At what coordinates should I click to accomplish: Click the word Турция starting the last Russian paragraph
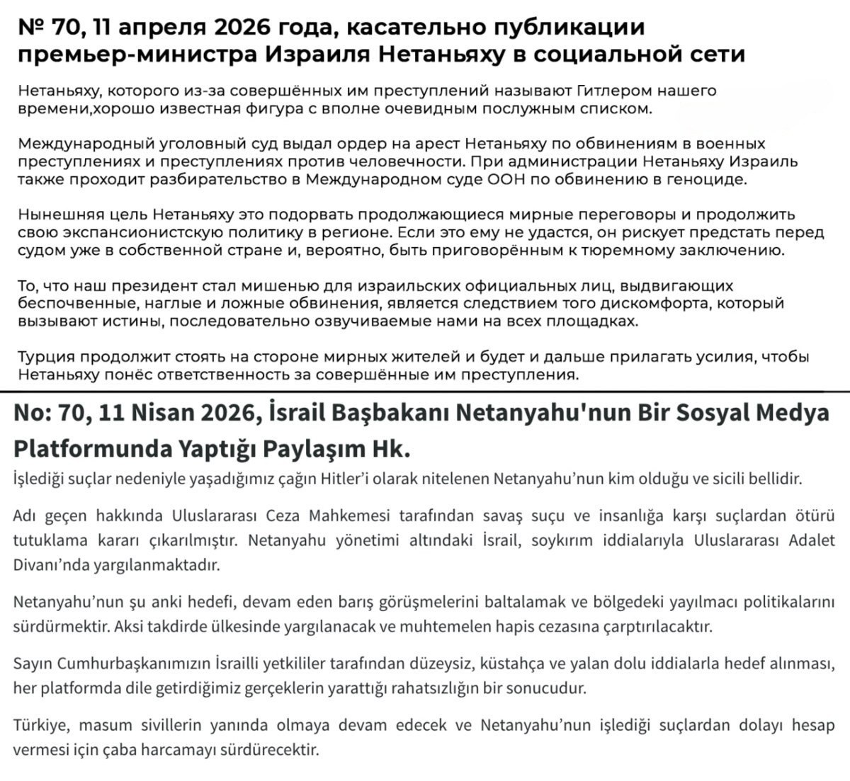(x=45, y=357)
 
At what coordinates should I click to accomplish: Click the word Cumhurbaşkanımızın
(x=134, y=663)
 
